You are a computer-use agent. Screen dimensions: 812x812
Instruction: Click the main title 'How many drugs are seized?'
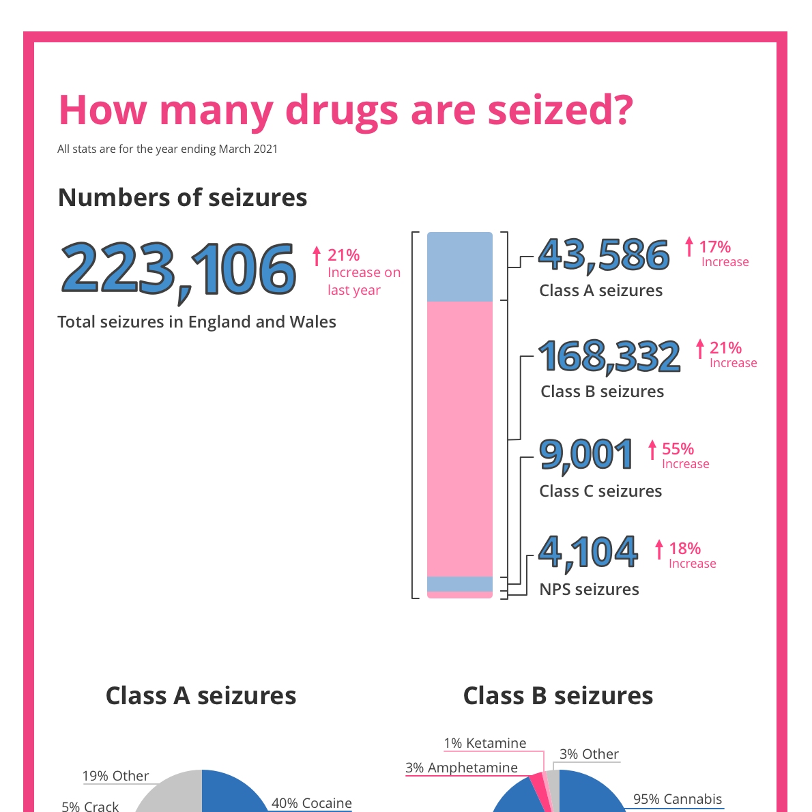pos(346,110)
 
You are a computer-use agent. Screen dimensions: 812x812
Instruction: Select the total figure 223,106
pos(179,270)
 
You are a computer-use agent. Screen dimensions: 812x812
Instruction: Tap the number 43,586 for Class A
pos(604,255)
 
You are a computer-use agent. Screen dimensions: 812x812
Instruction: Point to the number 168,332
pos(609,356)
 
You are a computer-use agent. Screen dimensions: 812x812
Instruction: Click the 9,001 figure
pos(586,455)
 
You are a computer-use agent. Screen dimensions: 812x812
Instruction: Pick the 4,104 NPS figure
pos(588,552)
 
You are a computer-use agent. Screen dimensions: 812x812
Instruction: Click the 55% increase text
pos(678,449)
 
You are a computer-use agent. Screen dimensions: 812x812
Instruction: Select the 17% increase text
pos(714,247)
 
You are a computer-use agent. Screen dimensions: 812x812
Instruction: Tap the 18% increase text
pos(684,549)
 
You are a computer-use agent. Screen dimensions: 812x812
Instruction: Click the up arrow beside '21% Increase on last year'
pos(316,256)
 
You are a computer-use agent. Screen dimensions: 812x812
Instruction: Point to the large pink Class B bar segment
pos(459,439)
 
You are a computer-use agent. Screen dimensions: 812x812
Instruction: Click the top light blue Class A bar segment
pos(459,267)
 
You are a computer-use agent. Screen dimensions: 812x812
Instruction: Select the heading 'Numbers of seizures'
pos(182,197)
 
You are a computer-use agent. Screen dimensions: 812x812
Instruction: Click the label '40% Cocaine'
pos(312,803)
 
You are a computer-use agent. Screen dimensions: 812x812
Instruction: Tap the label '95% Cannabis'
pos(677,799)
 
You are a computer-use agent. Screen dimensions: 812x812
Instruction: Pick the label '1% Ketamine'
pos(484,743)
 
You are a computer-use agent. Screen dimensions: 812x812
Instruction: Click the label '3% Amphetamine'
pos(461,768)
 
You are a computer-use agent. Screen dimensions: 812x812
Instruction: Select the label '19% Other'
pos(115,776)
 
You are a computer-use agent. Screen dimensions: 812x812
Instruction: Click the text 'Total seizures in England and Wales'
pos(197,322)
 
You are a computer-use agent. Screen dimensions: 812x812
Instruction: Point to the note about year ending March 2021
pos(167,149)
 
